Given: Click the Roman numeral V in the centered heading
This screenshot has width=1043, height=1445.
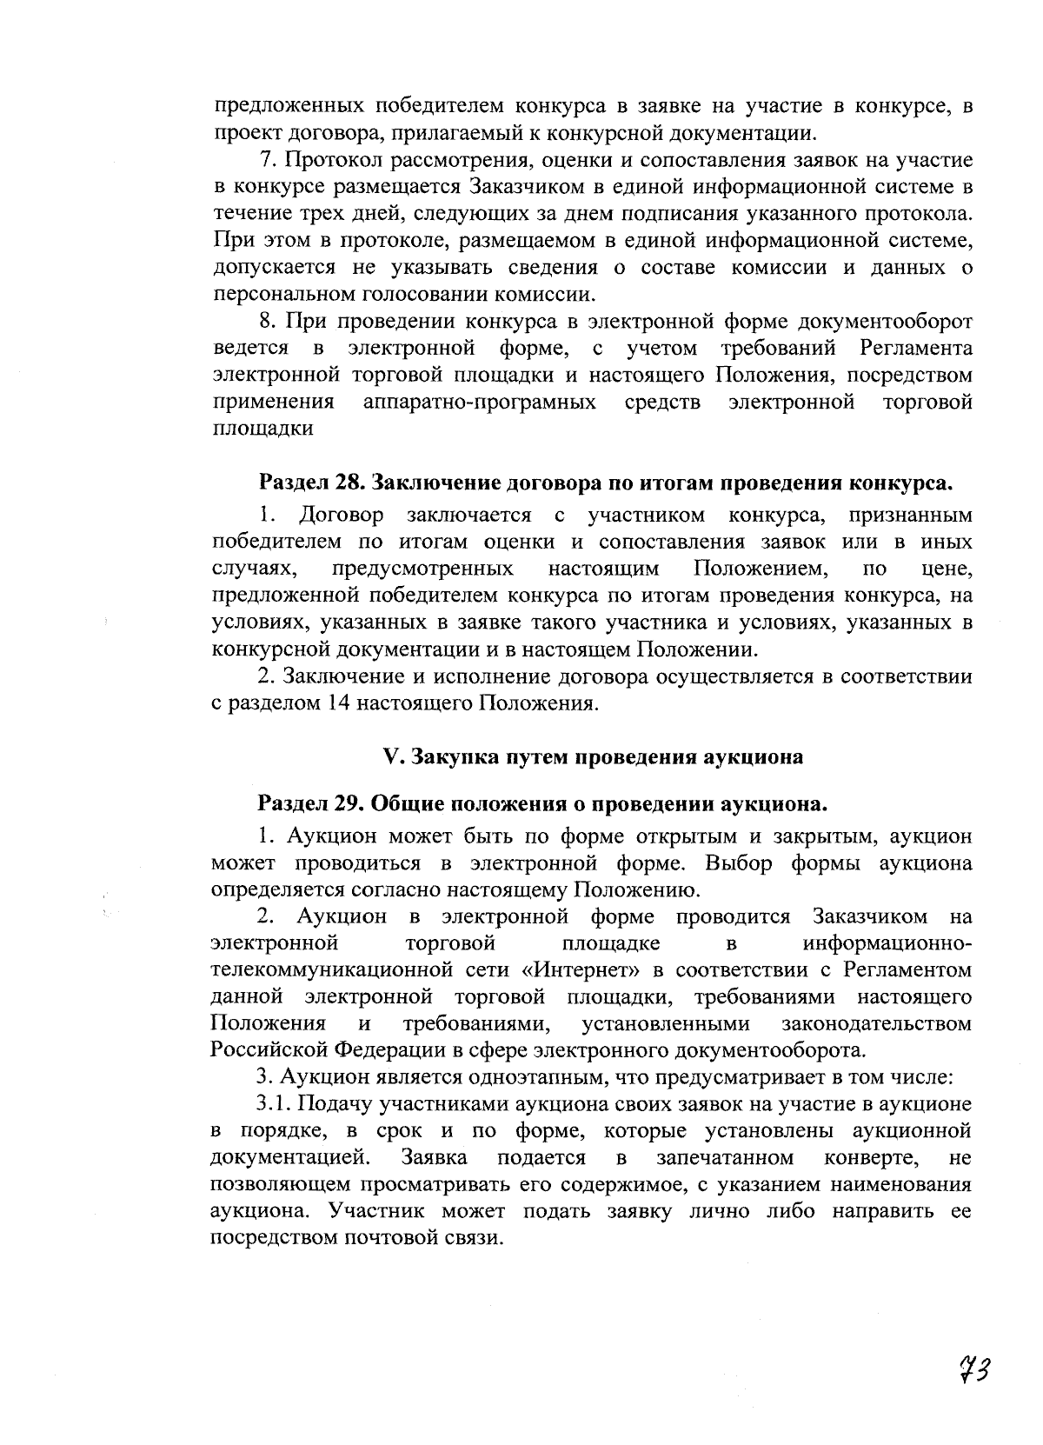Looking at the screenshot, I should pos(390,756).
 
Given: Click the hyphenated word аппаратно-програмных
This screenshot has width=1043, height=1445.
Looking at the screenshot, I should pos(481,402).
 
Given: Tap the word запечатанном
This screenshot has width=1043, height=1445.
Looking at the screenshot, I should pos(725,1157).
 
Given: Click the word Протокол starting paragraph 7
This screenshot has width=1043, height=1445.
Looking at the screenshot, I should pos(324,160).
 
